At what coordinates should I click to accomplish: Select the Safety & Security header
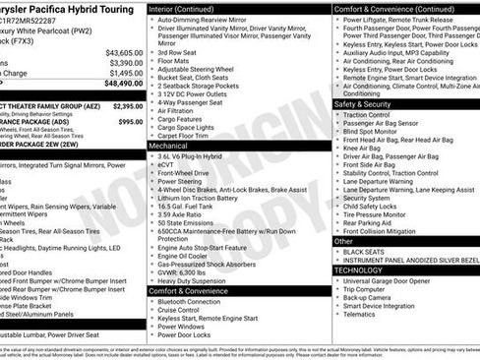(363, 103)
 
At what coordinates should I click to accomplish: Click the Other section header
(344, 241)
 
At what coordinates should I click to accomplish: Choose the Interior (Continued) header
(186, 8)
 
